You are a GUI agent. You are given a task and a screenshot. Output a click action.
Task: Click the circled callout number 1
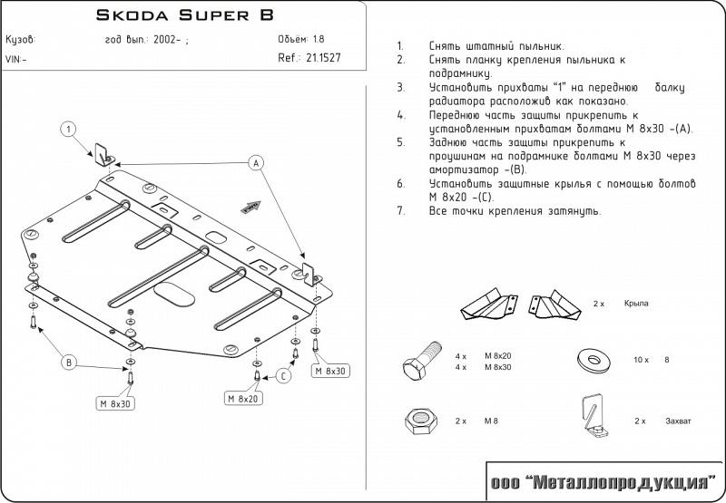tap(68, 129)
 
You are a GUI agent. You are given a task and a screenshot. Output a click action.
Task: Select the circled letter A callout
tap(257, 163)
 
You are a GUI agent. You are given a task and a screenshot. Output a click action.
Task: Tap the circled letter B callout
tap(68, 363)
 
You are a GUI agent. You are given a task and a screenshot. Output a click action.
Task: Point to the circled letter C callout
tap(283, 376)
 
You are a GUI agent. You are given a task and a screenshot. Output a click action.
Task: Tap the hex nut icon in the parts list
tap(417, 421)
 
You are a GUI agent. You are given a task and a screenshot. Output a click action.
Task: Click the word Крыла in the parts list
tap(636, 305)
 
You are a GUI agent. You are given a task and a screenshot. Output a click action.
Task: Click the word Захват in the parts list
tap(678, 421)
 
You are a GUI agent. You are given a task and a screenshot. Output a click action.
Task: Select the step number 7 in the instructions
tap(400, 211)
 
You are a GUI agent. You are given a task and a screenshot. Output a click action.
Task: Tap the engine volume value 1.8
tap(318, 41)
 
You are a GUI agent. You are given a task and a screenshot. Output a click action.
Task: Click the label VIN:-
tap(16, 58)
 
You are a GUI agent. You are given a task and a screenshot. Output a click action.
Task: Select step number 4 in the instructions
tap(400, 115)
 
